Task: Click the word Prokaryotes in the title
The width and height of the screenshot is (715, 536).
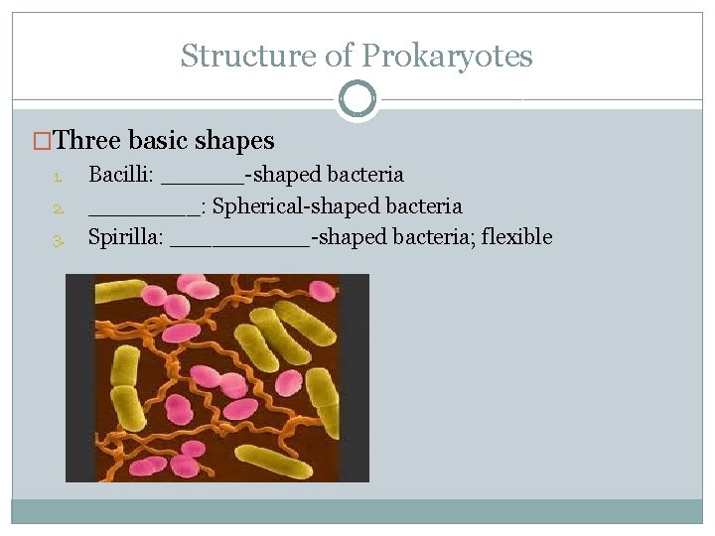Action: coord(447,57)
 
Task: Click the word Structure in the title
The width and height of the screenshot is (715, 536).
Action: coord(248,57)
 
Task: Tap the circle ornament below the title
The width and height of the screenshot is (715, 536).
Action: coord(357,99)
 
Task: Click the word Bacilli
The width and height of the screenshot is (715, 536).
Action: coord(118,176)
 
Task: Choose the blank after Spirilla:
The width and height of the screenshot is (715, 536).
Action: coord(239,241)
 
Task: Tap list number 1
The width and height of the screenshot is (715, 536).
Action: coord(59,178)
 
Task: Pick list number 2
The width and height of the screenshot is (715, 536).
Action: coord(59,208)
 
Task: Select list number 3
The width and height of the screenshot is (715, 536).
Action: coord(59,239)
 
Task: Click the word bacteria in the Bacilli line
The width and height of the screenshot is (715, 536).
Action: coord(367,176)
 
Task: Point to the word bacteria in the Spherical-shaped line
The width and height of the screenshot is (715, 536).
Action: coord(426,206)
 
